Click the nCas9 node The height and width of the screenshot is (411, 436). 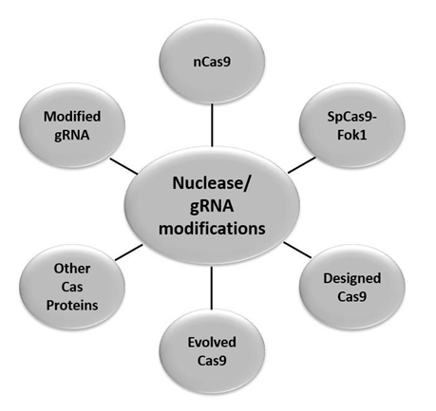212,62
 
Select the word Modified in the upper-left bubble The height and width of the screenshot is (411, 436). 72,117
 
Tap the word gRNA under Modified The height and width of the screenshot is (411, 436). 72,136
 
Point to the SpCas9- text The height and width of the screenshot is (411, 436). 352,118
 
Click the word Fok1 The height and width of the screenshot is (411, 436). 352,135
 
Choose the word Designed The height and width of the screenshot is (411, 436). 352,279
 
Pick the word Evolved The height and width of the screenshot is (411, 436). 212,343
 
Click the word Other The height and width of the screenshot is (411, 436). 72,269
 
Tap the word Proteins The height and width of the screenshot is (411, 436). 72,306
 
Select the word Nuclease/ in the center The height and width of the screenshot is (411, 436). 211,183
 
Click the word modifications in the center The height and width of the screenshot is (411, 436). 212,229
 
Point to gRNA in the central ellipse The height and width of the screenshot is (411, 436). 212,206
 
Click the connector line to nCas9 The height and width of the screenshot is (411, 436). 212,125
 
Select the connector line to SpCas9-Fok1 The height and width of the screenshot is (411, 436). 302,165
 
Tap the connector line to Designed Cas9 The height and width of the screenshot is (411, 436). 297,250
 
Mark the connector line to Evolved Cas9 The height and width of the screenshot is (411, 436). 211,288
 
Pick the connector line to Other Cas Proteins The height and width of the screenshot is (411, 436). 128,252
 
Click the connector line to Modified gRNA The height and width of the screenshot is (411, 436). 123,166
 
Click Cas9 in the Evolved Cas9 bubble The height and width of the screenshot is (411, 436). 212,361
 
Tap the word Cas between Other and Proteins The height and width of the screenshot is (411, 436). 72,287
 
